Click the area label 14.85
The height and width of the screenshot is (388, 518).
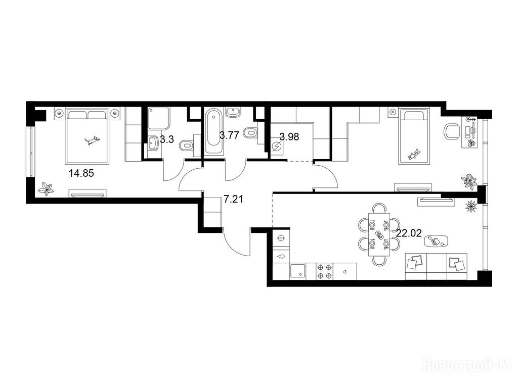pos(81,173)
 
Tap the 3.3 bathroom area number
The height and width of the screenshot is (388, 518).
pos(166,139)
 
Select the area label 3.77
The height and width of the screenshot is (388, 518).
pos(229,135)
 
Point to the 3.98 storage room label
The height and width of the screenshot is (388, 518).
pos(289,136)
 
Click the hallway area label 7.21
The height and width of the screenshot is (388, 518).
pos(233,199)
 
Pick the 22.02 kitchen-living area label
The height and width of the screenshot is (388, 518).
pos(409,233)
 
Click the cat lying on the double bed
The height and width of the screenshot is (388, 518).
pos(92,140)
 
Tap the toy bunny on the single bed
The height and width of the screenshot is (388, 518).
pos(414,154)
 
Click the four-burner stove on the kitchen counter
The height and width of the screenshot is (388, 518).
pos(324,271)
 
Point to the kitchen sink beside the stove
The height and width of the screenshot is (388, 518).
pos(298,271)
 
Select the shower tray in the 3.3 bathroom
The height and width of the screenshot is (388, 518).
pos(159,118)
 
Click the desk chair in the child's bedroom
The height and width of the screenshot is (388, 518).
pos(452,131)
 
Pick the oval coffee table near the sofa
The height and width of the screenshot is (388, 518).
pos(436,241)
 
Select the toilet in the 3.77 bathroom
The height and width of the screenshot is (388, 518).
pos(250,133)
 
